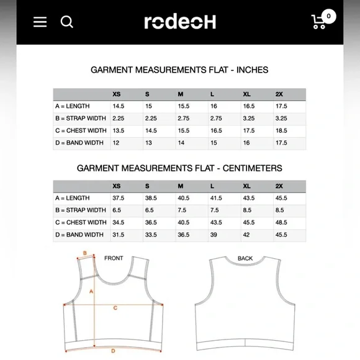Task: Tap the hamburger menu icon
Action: pyautogui.click(x=40, y=22)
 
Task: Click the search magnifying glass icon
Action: pyautogui.click(x=67, y=22)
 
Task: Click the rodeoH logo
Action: pyautogui.click(x=180, y=22)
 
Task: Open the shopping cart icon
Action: pyautogui.click(x=320, y=23)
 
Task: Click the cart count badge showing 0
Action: pyautogui.click(x=328, y=16)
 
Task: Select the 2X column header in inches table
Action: pyautogui.click(x=279, y=94)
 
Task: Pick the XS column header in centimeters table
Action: pyautogui.click(x=117, y=186)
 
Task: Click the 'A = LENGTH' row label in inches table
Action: pyautogui.click(x=73, y=106)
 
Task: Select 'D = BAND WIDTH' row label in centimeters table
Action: pyautogui.click(x=79, y=235)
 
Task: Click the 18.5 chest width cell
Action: pyautogui.click(x=281, y=131)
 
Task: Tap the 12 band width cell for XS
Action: pyautogui.click(x=115, y=143)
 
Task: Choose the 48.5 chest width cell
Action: pyautogui.click(x=281, y=222)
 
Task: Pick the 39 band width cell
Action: pyautogui.click(x=213, y=235)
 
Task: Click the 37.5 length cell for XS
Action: pyautogui.click(x=118, y=198)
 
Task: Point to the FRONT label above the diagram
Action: pyautogui.click(x=114, y=258)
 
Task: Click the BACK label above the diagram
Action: pyautogui.click(x=245, y=258)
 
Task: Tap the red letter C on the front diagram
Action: pyautogui.click(x=115, y=307)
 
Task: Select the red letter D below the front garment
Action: pyautogui.click(x=114, y=351)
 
